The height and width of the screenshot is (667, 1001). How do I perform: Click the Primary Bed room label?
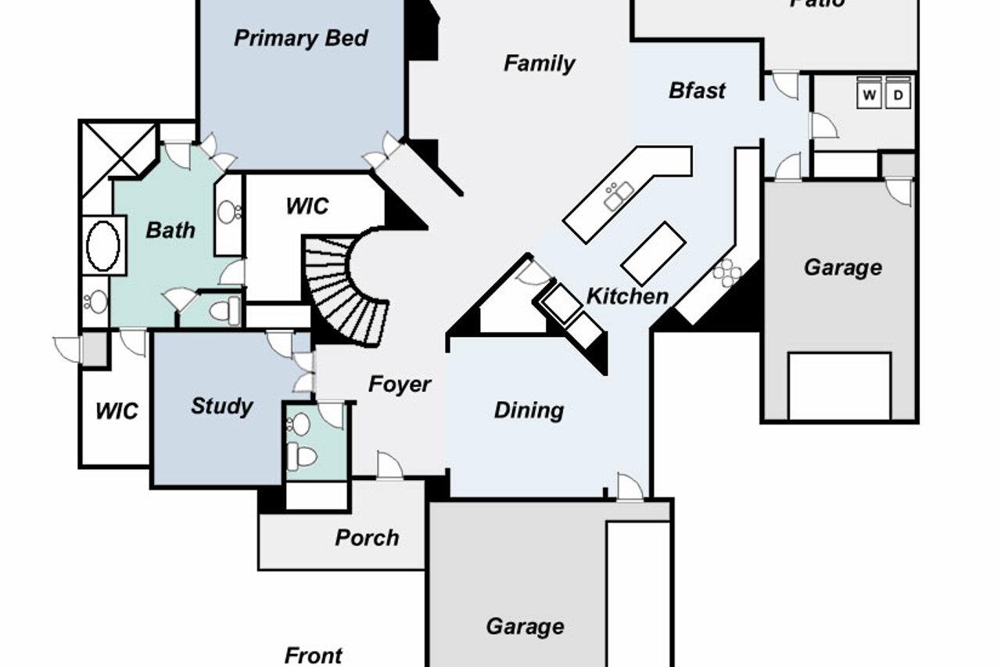[x=301, y=38]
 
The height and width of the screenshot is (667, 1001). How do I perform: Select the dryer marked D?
[x=899, y=95]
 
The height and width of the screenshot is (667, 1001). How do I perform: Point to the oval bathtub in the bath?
[x=102, y=246]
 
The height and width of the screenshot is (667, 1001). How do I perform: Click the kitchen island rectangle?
[x=654, y=253]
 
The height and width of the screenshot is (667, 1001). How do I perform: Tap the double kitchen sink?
[x=619, y=195]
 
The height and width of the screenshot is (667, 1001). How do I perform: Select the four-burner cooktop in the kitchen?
[x=727, y=272]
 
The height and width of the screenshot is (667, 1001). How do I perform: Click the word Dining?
[x=529, y=410]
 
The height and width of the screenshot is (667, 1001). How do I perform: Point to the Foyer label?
[x=400, y=384]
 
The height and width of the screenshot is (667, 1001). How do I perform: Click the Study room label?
[x=221, y=406]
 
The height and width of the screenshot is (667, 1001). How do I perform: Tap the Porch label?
[x=367, y=537]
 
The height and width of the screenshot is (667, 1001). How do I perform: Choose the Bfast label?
[x=697, y=91]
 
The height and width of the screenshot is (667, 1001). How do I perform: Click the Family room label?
[x=539, y=63]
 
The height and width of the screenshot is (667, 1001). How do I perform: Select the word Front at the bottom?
[x=313, y=655]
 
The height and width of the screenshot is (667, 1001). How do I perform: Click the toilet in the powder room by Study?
[x=301, y=456]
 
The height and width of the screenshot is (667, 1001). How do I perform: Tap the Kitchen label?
[x=627, y=296]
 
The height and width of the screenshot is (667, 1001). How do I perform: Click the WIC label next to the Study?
[x=117, y=411]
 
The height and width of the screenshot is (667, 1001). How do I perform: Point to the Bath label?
[x=170, y=230]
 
